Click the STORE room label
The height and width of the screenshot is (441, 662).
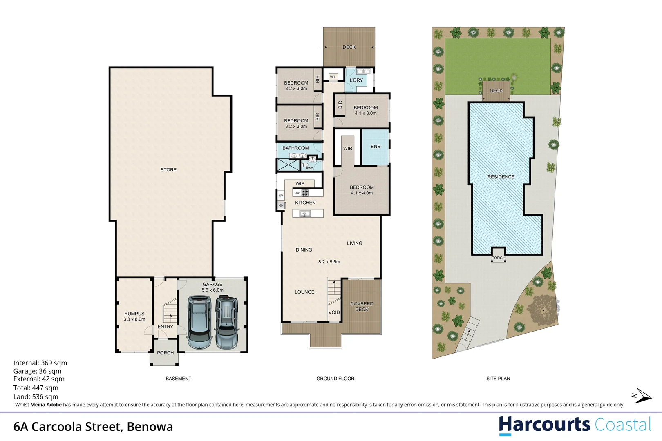tap(168, 170)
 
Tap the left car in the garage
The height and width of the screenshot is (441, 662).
tap(199, 323)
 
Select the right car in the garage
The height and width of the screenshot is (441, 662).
tap(227, 323)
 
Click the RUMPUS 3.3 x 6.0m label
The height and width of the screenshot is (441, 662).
tap(134, 316)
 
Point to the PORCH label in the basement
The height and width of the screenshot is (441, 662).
tap(165, 353)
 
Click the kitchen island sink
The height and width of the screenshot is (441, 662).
tap(304, 213)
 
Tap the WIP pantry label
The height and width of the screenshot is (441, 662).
tap(300, 183)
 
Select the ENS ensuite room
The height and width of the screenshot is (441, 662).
tap(375, 147)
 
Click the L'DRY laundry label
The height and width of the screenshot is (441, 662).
tap(356, 80)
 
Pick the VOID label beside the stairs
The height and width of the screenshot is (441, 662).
tap(334, 312)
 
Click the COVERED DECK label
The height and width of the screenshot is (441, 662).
tap(362, 306)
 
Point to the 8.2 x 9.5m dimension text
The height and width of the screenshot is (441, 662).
tap(329, 262)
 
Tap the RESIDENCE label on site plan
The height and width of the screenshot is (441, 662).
tap(501, 177)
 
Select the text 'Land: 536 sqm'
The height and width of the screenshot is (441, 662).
tap(36, 396)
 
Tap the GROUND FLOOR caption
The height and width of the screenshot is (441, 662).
tap(335, 379)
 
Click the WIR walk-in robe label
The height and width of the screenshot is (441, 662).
tap(347, 149)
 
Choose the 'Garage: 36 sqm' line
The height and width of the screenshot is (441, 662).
tap(38, 371)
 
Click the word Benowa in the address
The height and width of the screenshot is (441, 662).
tap(150, 427)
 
